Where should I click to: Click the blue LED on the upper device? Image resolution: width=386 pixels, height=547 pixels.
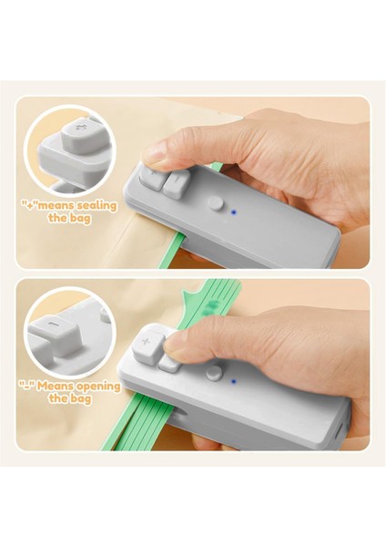[x=235, y=212]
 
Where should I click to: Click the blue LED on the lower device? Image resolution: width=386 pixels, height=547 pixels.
[x=234, y=382]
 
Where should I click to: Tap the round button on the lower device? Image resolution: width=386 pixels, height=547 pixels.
[x=213, y=373]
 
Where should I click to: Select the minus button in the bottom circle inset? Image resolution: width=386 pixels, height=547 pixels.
[x=57, y=325]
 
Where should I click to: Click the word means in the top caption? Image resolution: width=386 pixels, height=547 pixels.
[x=54, y=206]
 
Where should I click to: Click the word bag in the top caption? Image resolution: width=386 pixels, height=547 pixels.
[x=82, y=220]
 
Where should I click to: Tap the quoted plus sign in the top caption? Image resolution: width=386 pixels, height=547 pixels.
[x=29, y=206]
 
